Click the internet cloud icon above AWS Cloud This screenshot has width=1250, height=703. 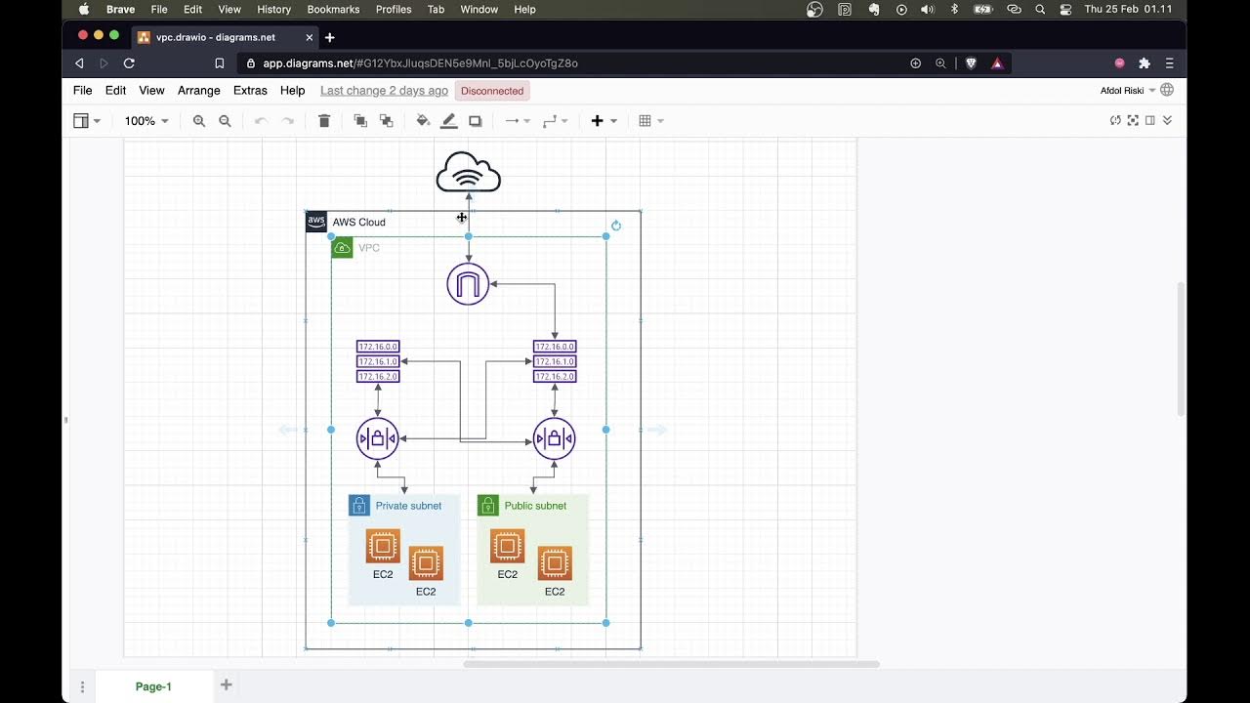[469, 173]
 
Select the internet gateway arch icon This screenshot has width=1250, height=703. [468, 284]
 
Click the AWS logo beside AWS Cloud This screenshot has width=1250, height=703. [316, 222]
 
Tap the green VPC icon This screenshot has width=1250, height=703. [342, 248]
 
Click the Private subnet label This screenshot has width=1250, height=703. [408, 506]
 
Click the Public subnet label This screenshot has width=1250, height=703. [535, 506]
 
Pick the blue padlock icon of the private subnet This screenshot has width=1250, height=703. [359, 506]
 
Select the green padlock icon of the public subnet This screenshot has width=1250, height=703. [487, 506]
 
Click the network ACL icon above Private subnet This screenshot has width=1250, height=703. [378, 438]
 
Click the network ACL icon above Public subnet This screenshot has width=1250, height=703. [554, 438]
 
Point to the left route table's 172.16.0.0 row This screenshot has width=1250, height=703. [378, 347]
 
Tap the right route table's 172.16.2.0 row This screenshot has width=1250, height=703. [555, 377]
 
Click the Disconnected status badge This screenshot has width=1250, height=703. [492, 91]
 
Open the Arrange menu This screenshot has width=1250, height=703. [199, 91]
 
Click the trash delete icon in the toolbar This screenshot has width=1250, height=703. [324, 121]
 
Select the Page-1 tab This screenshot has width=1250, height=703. [153, 686]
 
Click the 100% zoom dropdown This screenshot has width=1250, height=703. [146, 121]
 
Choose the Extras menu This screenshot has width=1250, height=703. [250, 91]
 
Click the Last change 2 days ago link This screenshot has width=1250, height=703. [384, 91]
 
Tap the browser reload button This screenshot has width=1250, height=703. [129, 63]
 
